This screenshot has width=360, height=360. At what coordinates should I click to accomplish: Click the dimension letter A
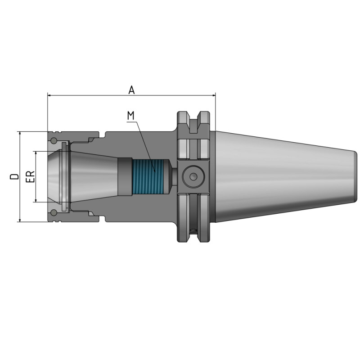click(131, 90)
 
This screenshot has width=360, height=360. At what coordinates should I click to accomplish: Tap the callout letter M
click(130, 116)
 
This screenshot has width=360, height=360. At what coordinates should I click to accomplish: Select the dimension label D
click(15, 176)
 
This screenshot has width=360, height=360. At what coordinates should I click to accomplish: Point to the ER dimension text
click(30, 176)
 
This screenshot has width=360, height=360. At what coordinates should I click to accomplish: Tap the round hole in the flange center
click(193, 176)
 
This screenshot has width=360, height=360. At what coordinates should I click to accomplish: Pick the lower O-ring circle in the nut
click(54, 213)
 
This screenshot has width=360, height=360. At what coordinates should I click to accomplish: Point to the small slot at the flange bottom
click(194, 231)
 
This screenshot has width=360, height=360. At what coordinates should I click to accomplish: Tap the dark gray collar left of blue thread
click(125, 176)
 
